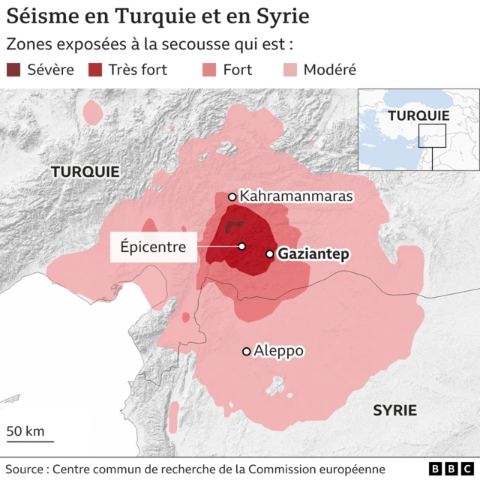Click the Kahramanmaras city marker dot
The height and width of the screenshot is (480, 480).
[232, 197]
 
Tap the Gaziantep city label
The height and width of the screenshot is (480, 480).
[313, 254]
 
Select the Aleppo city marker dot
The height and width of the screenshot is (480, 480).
[246, 351]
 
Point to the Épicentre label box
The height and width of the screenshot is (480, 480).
[154, 247]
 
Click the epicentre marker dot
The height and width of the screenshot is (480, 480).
[242, 247]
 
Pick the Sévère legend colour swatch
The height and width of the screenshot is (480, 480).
[14, 70]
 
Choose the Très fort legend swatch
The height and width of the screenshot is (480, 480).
[95, 70]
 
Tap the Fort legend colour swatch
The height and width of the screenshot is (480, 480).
[210, 70]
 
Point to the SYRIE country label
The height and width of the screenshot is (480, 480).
[395, 410]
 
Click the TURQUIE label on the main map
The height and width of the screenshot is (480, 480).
[85, 172]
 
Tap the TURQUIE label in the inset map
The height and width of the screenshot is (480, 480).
[418, 115]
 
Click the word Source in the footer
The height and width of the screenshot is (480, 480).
[25, 469]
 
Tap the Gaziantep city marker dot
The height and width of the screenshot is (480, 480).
[270, 254]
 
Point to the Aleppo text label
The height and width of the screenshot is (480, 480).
[278, 350]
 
